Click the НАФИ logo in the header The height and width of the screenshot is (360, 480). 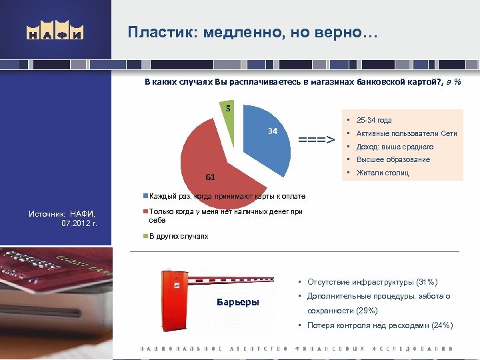pos(55,32)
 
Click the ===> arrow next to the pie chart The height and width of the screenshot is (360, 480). pos(316,140)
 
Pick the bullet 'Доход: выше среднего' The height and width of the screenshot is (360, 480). pos(395,147)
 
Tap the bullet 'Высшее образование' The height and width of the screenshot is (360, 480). pos(393,159)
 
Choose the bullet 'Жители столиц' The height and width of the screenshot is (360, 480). pos(382,173)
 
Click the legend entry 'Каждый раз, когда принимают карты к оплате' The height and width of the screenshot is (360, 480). pos(227,196)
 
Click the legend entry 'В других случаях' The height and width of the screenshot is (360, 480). pos(178,236)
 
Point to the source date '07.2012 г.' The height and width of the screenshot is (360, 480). pos(79,223)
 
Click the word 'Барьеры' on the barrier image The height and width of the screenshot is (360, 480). pos(238,302)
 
